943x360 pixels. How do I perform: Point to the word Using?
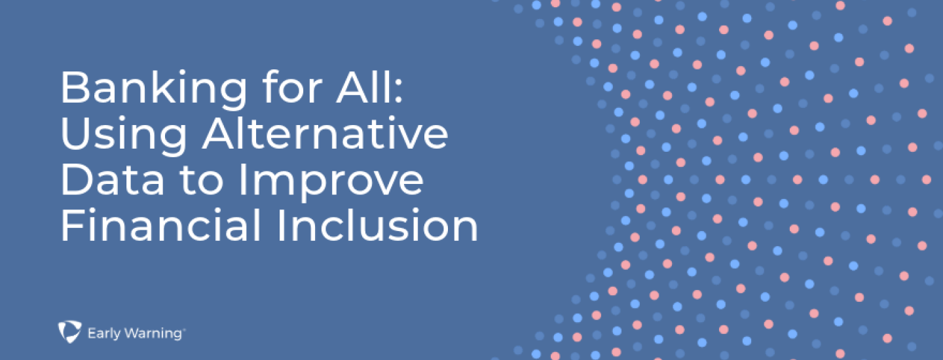[x=124, y=135]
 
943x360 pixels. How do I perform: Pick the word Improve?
[x=331, y=183]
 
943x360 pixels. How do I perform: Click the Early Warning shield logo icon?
[x=69, y=331]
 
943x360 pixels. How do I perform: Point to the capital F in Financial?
[x=72, y=225]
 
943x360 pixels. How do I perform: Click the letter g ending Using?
[x=174, y=141]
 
